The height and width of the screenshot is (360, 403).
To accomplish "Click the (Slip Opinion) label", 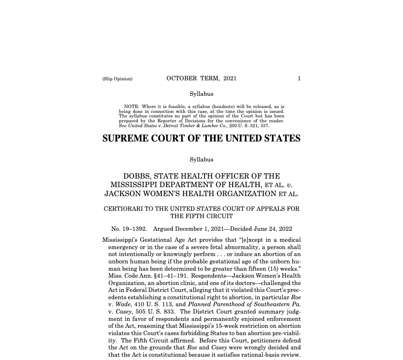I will [117, 79].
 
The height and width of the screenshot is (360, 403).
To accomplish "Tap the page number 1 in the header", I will [299, 78].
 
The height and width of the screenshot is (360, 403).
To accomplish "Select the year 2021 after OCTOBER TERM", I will [230, 78].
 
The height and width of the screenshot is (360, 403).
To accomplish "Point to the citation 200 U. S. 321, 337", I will [249, 126].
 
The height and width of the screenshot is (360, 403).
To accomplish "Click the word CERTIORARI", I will [123, 209].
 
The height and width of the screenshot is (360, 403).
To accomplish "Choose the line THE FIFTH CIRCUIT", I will [201, 216].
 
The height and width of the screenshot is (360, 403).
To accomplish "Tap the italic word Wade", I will [123, 305].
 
